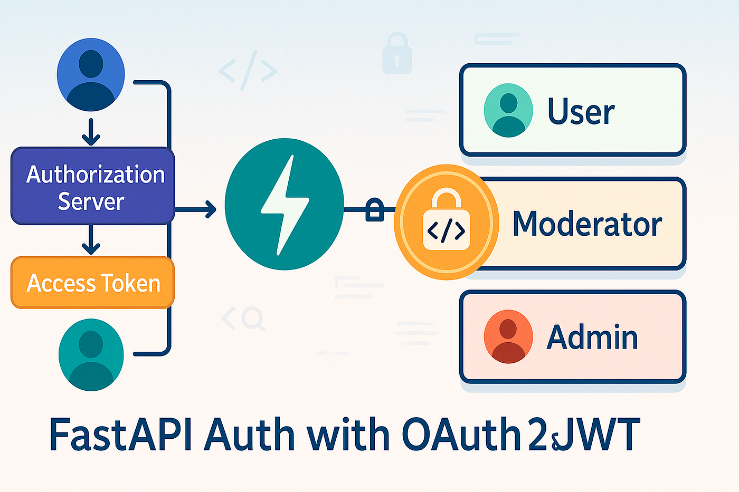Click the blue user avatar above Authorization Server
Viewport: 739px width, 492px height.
click(x=91, y=74)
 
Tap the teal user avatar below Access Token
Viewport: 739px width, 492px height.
click(x=91, y=354)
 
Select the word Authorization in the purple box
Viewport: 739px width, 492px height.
click(x=96, y=175)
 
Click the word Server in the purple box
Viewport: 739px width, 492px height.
click(x=91, y=201)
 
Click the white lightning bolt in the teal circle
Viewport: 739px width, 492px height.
click(x=285, y=205)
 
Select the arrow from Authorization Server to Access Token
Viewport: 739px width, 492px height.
click(x=91, y=240)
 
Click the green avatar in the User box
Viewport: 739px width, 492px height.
click(x=508, y=110)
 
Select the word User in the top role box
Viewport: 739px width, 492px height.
click(x=581, y=111)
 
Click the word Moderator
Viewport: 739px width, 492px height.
click(x=587, y=224)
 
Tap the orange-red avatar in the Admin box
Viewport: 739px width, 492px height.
click(x=508, y=336)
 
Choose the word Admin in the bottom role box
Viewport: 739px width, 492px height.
click(x=592, y=337)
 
